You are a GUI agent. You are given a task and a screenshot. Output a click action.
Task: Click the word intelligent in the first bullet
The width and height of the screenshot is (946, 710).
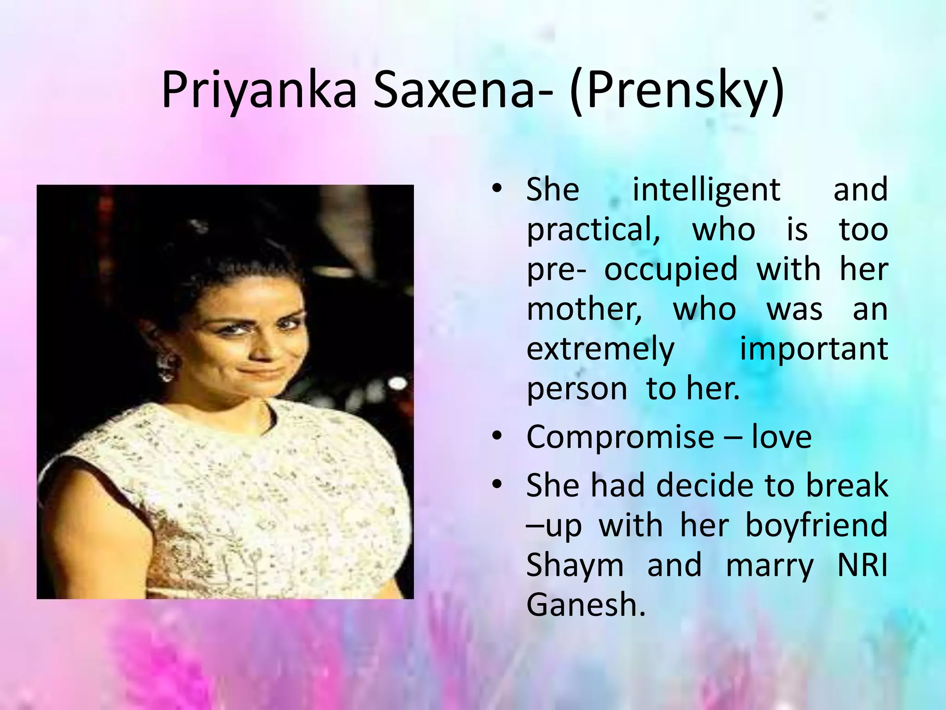(706, 190)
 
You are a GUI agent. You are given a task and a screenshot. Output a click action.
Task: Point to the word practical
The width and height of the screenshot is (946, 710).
(593, 230)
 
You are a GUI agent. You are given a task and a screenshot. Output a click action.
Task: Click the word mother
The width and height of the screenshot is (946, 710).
(584, 309)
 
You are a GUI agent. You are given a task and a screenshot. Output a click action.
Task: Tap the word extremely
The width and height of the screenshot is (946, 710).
(600, 350)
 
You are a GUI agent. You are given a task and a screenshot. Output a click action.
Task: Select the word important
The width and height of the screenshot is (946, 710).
(813, 349)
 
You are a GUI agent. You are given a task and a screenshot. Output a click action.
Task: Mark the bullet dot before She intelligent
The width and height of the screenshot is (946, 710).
(497, 189)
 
